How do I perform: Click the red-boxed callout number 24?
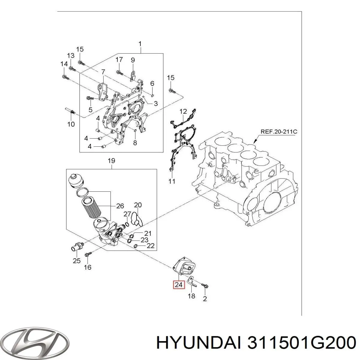178,284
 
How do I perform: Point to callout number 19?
111,161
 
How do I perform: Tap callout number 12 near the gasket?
183,112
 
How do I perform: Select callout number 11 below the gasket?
172,181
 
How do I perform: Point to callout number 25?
77,260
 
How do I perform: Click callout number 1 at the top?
140,44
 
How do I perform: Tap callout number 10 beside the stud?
71,124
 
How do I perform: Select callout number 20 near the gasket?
138,205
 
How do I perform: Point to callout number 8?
135,143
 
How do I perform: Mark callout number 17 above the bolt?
119,59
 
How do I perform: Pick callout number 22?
150,246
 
